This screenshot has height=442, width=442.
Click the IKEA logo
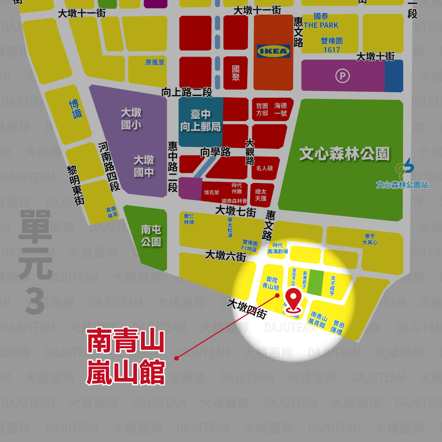coord(274,51)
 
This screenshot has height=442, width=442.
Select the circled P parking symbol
coord(342,76)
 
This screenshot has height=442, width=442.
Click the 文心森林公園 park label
coord(344,154)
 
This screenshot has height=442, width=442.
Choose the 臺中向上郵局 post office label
coord(201,121)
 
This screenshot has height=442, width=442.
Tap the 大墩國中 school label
coord(144,166)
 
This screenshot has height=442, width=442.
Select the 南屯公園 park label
coord(151,236)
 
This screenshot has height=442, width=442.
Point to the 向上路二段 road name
coord(187,92)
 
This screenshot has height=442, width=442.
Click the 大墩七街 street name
coord(236,211)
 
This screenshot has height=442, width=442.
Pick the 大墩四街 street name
coord(247,309)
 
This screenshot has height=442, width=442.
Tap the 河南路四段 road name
coord(109,166)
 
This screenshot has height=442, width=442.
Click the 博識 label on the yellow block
coord(76,109)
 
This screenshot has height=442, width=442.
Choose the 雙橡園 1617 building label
coord(331,45)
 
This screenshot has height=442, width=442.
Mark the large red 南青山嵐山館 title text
coord(126,356)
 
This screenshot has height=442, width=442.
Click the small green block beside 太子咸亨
coord(315,282)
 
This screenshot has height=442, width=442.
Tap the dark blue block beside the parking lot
coord(394,76)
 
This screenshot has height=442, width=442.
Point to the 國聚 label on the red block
coord(236,72)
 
